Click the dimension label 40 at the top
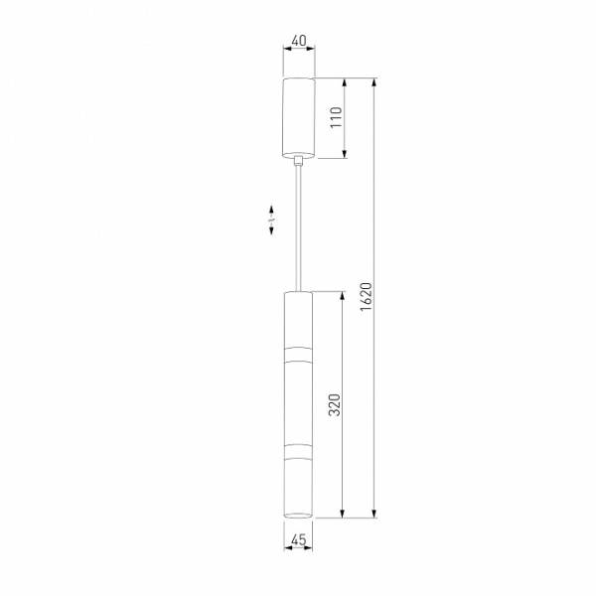coord(299,41)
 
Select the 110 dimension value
coord(336,117)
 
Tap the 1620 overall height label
coord(366,297)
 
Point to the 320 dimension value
coord(335,405)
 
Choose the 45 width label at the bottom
coord(298,539)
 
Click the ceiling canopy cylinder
coord(299,117)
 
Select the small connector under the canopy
coord(299,161)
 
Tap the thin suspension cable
coord(299,228)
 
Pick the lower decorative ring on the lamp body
coord(298,450)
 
